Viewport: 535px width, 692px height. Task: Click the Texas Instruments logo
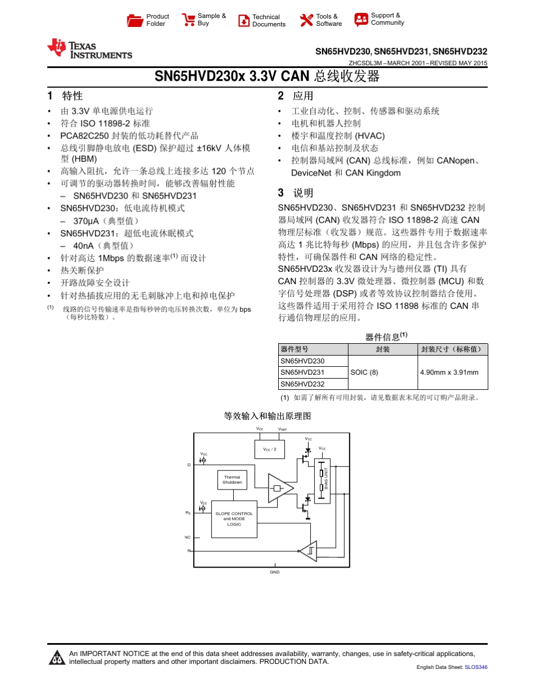coord(90,49)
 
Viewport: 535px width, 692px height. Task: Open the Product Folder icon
coord(135,21)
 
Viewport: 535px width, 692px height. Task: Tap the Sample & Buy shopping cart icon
coord(188,20)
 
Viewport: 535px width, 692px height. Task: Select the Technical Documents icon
coord(244,21)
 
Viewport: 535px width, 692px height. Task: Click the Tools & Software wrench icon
coord(306,21)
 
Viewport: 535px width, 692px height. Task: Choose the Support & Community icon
coord(361,20)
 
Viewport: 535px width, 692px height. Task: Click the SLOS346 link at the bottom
coord(476,667)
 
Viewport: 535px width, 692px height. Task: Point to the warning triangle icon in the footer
coord(56,657)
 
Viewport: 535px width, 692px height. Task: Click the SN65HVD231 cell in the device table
coord(302,372)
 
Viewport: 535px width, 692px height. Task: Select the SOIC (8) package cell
coord(364,372)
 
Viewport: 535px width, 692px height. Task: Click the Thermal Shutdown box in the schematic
coord(232,480)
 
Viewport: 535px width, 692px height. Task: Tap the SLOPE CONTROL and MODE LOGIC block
coord(234,519)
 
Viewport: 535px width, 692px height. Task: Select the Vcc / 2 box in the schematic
coord(270,450)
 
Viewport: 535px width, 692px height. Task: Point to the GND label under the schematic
coord(274,572)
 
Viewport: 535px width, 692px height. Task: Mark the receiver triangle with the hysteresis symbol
coord(309,551)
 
